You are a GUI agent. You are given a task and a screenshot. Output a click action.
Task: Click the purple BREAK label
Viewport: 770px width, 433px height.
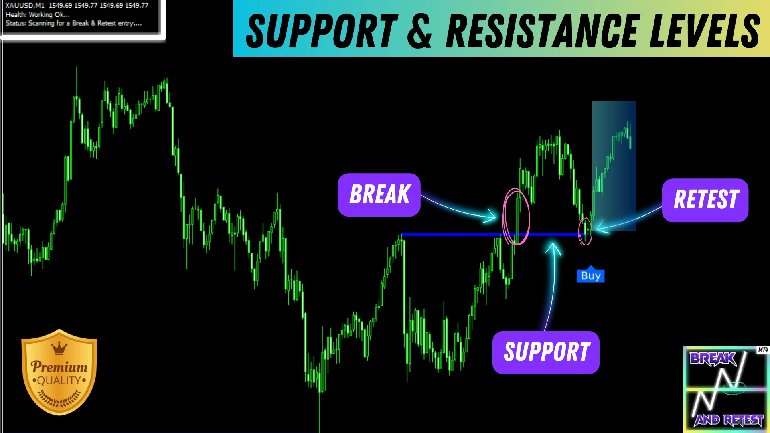click(x=379, y=195)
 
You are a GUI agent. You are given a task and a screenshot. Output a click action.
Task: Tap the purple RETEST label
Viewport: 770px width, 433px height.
click(x=705, y=200)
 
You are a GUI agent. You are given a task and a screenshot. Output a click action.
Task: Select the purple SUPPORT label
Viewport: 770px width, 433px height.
click(x=546, y=352)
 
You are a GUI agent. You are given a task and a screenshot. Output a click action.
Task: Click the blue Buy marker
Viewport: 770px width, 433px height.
click(x=590, y=275)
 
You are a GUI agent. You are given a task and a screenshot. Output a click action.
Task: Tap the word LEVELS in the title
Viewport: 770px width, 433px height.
click(x=705, y=31)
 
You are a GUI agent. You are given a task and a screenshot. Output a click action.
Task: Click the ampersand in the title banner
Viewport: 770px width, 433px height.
click(x=419, y=31)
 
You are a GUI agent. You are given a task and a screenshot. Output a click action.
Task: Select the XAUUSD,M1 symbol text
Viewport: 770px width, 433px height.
click(x=25, y=6)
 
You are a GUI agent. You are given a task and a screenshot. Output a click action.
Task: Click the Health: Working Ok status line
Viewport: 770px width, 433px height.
click(x=38, y=14)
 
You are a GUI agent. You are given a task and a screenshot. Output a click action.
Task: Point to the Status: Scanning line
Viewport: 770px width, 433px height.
click(x=73, y=23)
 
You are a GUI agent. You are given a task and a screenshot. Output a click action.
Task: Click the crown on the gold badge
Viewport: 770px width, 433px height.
click(x=59, y=348)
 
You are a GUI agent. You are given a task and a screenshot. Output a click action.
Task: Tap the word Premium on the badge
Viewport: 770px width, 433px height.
click(x=59, y=367)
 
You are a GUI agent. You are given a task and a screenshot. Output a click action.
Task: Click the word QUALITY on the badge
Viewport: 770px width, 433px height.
click(x=59, y=380)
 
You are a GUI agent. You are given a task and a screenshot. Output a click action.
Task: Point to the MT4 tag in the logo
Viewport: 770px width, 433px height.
click(x=763, y=350)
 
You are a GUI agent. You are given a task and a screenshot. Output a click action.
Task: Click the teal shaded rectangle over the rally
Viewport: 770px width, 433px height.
click(x=614, y=166)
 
